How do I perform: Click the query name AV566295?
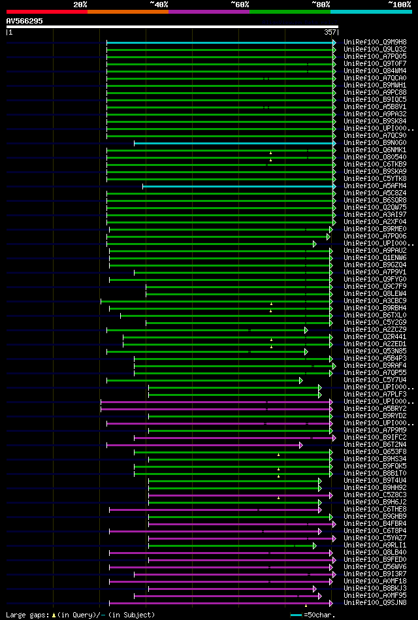(25, 21)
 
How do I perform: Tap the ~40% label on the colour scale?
(159, 5)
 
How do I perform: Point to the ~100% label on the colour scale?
(399, 5)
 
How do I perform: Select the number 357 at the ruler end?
(330, 32)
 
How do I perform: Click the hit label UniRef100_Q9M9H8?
(374, 42)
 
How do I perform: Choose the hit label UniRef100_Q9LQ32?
(374, 49)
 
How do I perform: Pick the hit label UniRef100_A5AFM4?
(374, 186)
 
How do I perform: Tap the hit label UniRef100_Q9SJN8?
(374, 602)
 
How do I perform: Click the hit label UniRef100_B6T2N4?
(374, 444)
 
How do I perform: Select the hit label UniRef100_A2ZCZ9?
(374, 329)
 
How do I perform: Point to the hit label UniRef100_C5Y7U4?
(374, 380)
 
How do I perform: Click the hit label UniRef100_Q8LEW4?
(374, 293)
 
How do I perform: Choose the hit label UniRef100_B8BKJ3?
(374, 588)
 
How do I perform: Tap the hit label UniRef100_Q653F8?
(374, 451)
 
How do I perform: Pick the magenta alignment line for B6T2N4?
(203, 445)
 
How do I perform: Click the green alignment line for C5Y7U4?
(203, 380)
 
